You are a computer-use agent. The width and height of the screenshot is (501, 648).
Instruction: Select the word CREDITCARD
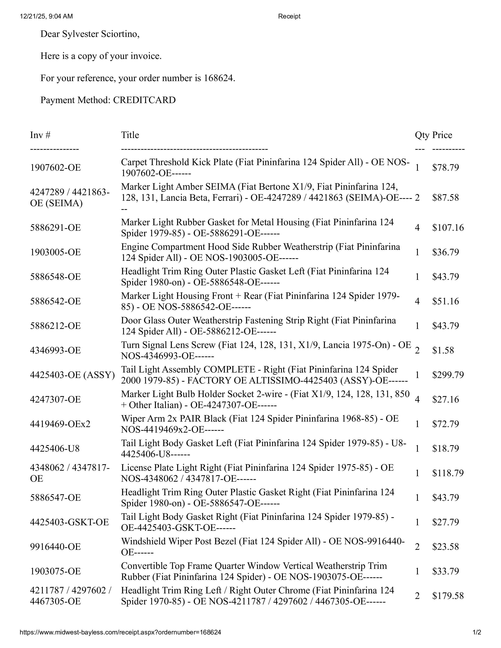point(144,100)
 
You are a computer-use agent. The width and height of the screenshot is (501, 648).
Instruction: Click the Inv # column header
point(40,135)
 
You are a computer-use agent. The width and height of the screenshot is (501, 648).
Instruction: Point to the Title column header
point(130,135)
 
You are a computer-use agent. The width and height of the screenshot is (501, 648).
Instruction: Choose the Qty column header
point(422,135)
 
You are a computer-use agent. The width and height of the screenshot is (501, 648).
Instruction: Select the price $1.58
point(443,350)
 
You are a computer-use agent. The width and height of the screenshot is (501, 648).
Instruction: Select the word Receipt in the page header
point(289,16)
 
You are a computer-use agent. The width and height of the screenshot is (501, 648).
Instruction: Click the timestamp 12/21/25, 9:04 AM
point(46,16)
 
